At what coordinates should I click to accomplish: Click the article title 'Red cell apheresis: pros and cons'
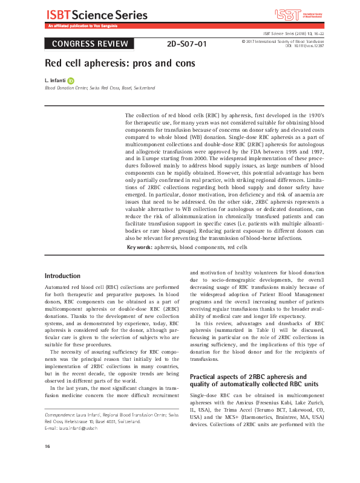click(x=120, y=63)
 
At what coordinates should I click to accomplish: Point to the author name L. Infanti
click(x=55, y=80)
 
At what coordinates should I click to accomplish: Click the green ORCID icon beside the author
click(x=71, y=80)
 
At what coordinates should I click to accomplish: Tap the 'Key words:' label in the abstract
click(x=139, y=248)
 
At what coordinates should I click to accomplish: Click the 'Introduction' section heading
click(x=62, y=275)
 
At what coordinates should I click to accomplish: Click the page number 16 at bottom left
click(x=48, y=463)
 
